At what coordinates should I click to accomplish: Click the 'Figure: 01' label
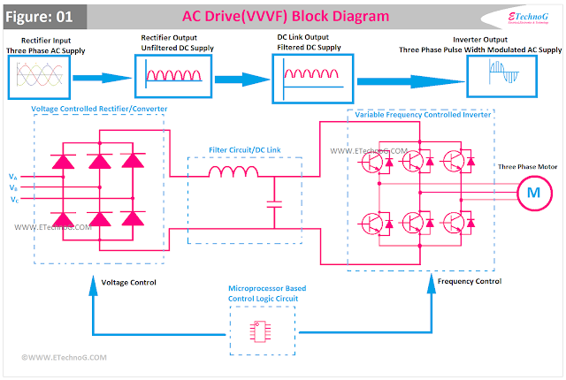(x=44, y=16)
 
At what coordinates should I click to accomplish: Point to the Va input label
(x=11, y=177)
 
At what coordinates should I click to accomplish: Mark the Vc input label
(x=11, y=200)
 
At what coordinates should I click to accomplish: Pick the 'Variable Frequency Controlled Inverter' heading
(x=421, y=115)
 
